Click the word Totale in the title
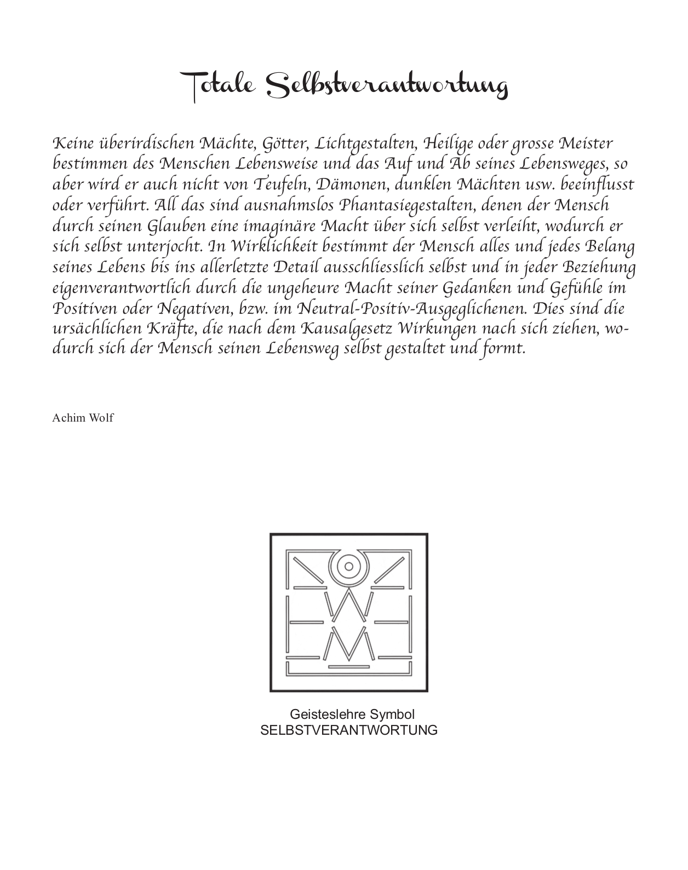click(219, 86)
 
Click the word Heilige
click(449, 145)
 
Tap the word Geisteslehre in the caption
click(328, 715)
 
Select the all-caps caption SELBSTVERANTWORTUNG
click(349, 730)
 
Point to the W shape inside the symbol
click(348, 607)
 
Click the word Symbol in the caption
click(392, 715)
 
